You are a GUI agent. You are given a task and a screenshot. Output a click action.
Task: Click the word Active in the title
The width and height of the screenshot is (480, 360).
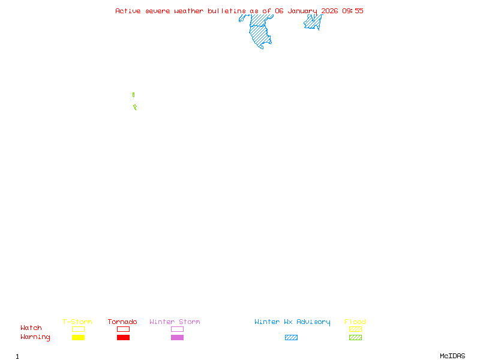click(x=128, y=11)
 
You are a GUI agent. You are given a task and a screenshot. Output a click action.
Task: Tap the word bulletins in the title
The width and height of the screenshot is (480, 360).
click(x=227, y=11)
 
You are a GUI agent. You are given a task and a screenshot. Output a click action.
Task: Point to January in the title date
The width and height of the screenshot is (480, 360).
click(x=302, y=11)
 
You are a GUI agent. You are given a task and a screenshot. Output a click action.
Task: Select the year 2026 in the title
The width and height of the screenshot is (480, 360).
click(x=329, y=11)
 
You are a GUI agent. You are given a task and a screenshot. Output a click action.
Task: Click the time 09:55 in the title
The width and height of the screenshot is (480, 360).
click(x=353, y=11)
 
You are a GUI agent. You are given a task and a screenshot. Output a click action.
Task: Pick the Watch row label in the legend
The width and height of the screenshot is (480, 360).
click(x=31, y=328)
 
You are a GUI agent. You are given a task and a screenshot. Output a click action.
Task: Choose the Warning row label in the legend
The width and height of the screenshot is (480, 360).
click(x=35, y=337)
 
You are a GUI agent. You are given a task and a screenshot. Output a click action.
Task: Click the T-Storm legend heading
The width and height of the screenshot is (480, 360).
click(x=77, y=322)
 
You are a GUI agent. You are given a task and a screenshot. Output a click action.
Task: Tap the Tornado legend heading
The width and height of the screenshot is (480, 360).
click(x=122, y=322)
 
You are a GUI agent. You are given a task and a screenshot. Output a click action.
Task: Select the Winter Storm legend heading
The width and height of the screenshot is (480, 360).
click(x=175, y=322)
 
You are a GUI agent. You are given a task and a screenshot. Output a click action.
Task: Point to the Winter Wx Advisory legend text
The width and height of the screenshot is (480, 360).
click(x=292, y=322)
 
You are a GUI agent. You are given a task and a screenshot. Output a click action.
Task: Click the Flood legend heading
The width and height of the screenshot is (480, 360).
click(x=355, y=322)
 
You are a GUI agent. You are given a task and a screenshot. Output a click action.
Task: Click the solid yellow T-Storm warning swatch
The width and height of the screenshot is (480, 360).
click(x=79, y=337)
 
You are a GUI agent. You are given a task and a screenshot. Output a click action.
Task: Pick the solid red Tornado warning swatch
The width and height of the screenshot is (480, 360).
click(x=124, y=337)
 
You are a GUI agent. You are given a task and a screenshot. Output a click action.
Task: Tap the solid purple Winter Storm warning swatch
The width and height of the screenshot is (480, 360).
click(x=177, y=337)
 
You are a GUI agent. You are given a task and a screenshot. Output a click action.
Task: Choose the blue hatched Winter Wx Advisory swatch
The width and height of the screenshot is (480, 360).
click(x=291, y=337)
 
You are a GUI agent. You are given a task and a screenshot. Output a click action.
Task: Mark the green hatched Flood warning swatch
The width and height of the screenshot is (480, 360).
click(x=355, y=337)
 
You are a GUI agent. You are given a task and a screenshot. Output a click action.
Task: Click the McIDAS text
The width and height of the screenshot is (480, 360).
click(x=452, y=356)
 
